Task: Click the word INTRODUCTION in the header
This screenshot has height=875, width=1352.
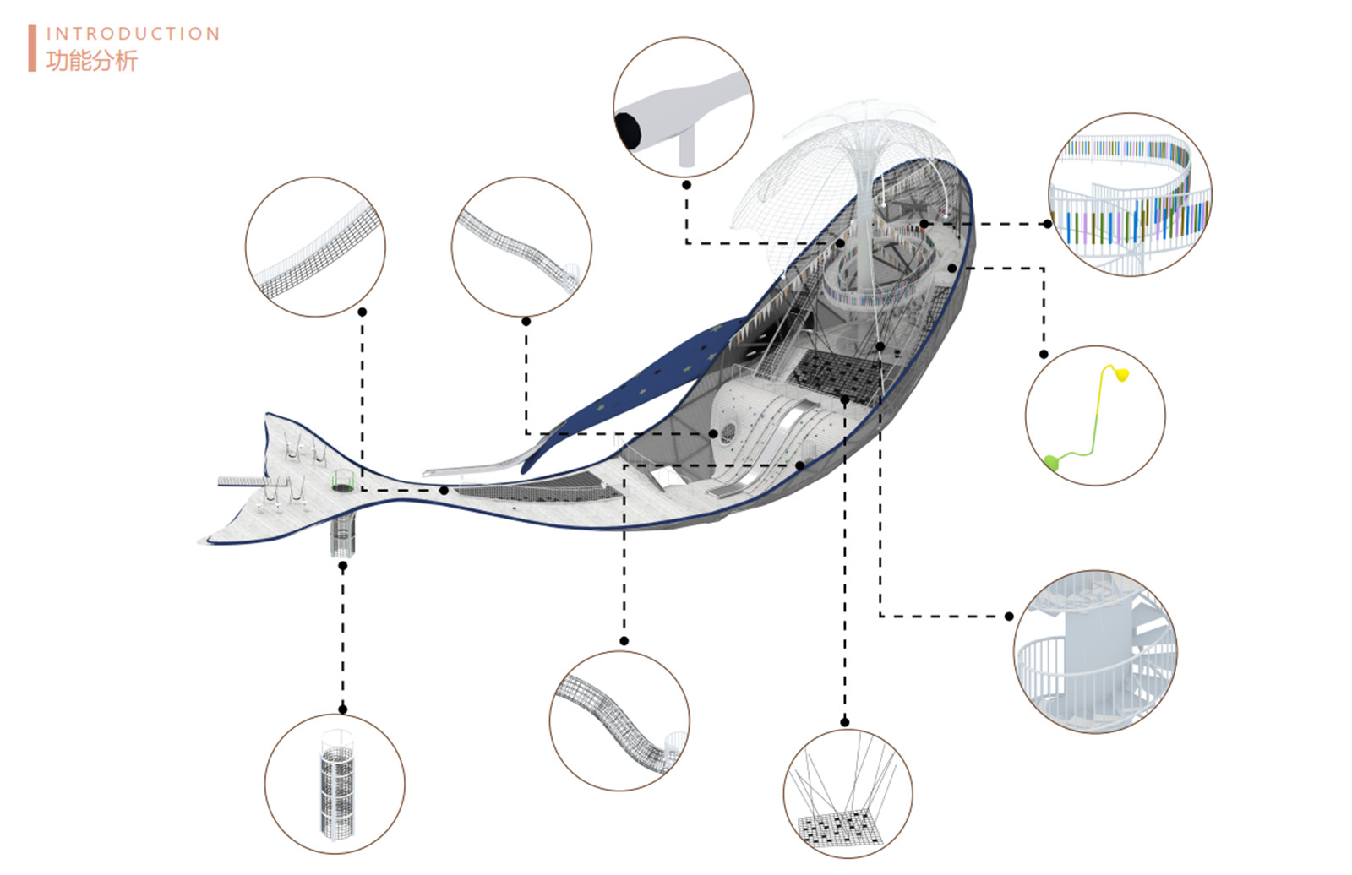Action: click(x=134, y=34)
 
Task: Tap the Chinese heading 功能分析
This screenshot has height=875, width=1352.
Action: click(x=92, y=61)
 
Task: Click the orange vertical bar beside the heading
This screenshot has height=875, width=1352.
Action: click(x=32, y=48)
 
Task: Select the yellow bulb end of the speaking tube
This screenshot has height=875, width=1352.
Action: click(x=1121, y=375)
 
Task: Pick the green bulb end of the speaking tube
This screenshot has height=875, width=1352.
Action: click(x=1051, y=463)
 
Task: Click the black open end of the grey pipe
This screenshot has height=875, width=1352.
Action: click(x=629, y=130)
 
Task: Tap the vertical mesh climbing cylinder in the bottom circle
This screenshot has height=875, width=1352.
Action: click(x=337, y=784)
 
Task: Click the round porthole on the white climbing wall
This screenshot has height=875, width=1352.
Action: click(x=728, y=432)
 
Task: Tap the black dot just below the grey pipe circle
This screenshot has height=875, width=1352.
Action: click(x=686, y=185)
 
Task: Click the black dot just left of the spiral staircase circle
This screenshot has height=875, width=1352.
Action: click(x=1009, y=616)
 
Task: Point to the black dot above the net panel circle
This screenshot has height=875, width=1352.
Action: click(x=844, y=722)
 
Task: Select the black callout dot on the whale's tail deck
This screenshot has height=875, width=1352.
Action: click(x=444, y=491)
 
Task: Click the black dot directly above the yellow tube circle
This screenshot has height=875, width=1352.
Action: click(x=1044, y=354)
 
